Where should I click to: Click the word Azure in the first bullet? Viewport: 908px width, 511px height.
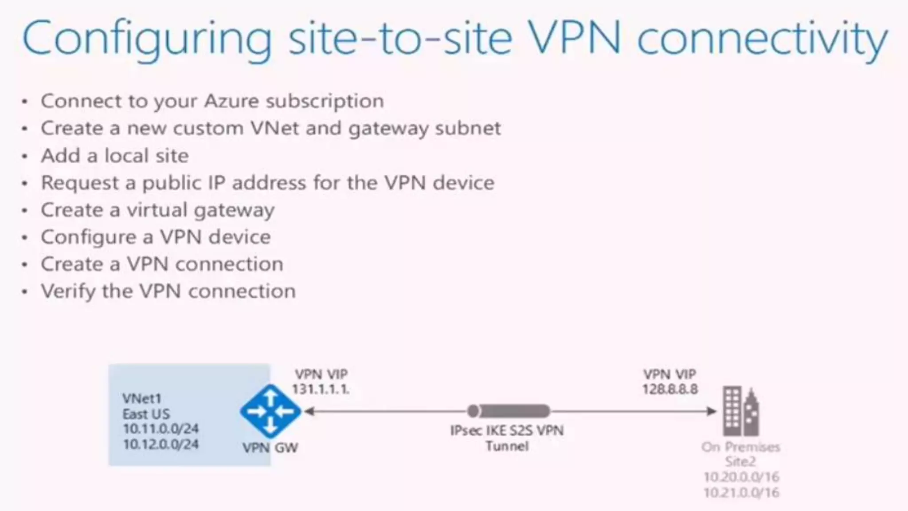[x=231, y=102]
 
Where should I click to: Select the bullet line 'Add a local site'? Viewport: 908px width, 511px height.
[x=115, y=156]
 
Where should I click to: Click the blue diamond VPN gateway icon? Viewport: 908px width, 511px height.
[x=270, y=411]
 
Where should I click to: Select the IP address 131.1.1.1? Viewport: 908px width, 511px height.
[x=321, y=389]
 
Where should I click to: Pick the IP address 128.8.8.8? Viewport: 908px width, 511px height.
[x=670, y=389]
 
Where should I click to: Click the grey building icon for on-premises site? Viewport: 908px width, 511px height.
[x=740, y=411]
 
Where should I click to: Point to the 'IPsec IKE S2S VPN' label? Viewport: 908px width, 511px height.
[x=507, y=431]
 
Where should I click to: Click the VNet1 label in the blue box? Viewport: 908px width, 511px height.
[x=141, y=398]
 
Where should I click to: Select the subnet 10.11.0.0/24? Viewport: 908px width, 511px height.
[x=160, y=429]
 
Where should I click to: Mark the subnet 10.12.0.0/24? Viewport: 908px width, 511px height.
[x=160, y=444]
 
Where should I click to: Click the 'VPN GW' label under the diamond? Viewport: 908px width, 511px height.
[x=270, y=448]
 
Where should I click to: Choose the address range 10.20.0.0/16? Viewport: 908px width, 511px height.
[x=741, y=477]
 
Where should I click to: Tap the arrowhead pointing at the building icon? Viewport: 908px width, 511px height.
[x=711, y=411]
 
